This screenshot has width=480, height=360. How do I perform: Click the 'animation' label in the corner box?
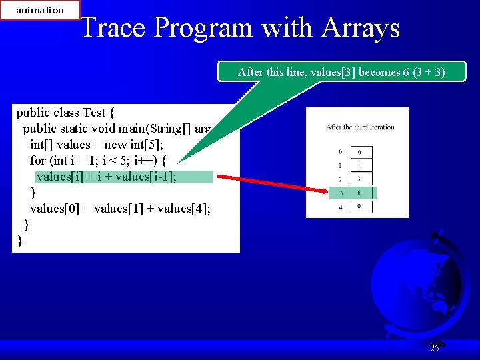click(40, 10)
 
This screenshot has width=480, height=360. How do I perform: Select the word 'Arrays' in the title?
click(360, 28)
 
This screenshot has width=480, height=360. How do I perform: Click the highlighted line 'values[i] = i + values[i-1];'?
click(107, 177)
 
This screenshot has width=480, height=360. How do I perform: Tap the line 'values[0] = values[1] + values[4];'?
click(120, 209)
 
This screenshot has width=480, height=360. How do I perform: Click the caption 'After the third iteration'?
click(360, 127)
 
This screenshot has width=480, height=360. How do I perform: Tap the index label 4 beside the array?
click(340, 207)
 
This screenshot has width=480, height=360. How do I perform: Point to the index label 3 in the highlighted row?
click(340, 193)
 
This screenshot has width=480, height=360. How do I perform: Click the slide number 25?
click(434, 348)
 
